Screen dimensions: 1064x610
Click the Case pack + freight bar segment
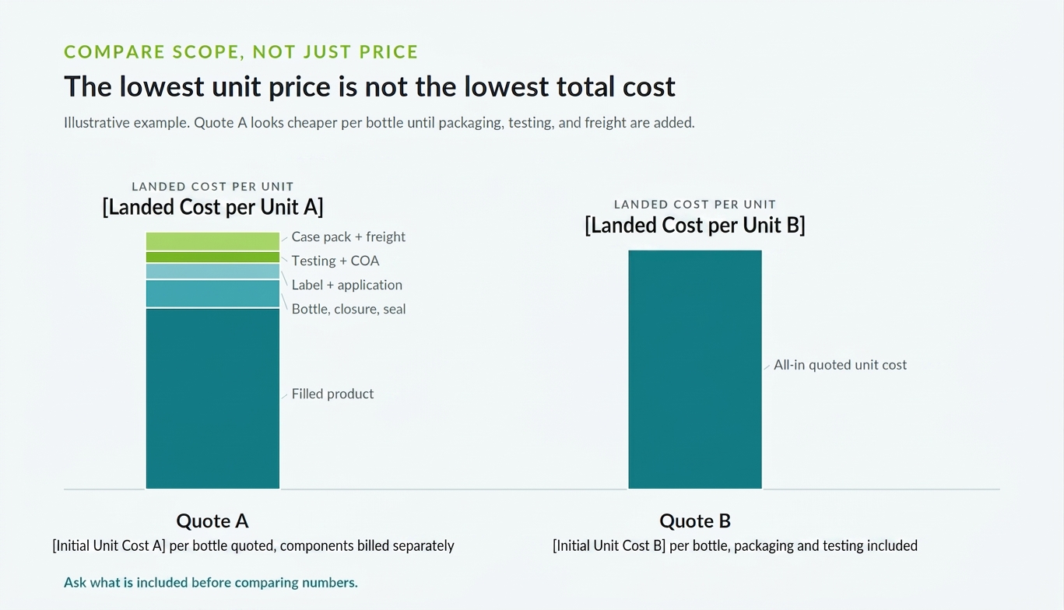tap(212, 241)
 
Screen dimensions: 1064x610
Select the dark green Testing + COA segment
tap(212, 258)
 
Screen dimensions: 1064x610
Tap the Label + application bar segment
tap(212, 271)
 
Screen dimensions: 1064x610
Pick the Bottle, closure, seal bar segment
tap(212, 293)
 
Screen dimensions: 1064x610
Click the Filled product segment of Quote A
tap(212, 398)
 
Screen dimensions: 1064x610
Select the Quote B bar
tap(695, 369)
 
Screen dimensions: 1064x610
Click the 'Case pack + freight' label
tap(348, 237)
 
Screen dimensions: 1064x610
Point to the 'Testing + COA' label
tap(335, 261)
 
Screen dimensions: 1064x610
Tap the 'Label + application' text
tap(346, 285)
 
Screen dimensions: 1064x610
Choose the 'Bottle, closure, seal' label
tap(349, 309)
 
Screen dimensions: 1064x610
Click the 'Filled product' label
tap(332, 394)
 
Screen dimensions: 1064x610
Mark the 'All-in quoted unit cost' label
tap(841, 365)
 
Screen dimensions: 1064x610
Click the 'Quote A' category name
tap(212, 521)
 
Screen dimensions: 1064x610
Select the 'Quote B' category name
tap(695, 521)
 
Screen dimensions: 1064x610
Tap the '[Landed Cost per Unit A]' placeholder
tap(212, 208)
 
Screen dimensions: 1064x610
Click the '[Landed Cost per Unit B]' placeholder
tap(695, 226)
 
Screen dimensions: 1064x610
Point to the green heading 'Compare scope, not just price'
tap(241, 52)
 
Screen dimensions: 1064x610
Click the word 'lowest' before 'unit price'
tap(162, 86)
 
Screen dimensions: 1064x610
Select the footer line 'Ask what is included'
tap(211, 583)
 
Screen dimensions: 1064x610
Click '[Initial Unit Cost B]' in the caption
tap(609, 546)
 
